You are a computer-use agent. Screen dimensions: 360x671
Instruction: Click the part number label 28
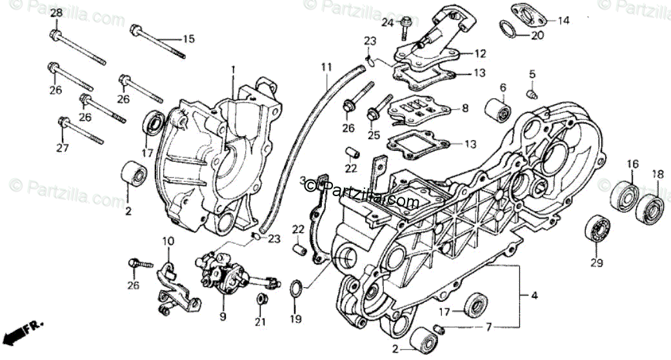tap(56, 13)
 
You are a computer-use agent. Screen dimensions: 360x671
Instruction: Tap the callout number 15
tap(188, 39)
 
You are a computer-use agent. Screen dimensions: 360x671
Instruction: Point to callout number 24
tap(387, 23)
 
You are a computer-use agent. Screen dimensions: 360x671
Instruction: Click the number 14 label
tap(563, 21)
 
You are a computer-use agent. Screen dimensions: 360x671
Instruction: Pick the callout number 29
tap(597, 263)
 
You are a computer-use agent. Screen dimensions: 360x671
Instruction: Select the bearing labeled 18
tap(650, 208)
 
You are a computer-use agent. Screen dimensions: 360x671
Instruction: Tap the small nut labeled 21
tap(262, 299)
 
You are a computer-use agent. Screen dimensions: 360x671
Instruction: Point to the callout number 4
tap(534, 296)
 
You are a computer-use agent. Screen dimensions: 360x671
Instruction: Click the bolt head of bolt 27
tap(64, 121)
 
